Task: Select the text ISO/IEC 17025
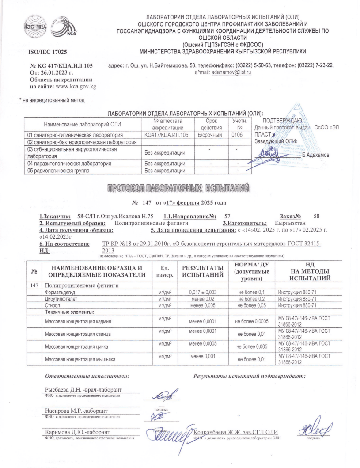[48, 52]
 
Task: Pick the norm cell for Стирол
[250, 305]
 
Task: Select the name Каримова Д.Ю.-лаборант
[76, 431]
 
